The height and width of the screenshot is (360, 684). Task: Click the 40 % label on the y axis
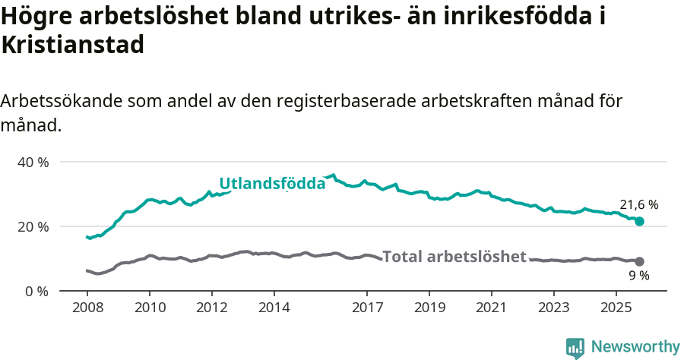[x=33, y=162]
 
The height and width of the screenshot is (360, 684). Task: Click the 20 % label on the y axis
[x=33, y=226]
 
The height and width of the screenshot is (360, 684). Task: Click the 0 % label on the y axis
[x=36, y=291]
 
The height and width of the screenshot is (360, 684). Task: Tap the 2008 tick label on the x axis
[x=87, y=308]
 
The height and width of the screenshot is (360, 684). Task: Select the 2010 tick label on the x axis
[x=150, y=308]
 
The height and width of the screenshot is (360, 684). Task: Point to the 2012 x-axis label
[x=212, y=308]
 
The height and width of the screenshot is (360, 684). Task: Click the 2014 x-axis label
[x=274, y=308]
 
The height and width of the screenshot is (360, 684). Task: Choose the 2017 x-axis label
[x=367, y=308]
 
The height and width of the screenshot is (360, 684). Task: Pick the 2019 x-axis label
[x=429, y=308]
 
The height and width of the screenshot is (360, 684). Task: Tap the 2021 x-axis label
[x=492, y=308]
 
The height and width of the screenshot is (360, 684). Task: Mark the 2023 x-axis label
[x=553, y=308]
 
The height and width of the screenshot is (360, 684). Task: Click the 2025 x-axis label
[x=616, y=308]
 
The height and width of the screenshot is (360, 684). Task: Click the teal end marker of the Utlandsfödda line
[x=639, y=221]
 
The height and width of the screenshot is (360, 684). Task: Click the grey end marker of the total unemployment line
[x=639, y=261]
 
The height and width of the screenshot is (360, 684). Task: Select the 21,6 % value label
[x=638, y=204]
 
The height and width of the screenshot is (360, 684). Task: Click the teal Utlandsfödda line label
[x=272, y=183]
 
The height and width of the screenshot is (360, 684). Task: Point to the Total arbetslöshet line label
[x=454, y=257]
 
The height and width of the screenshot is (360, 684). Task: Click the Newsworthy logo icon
[x=575, y=347]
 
